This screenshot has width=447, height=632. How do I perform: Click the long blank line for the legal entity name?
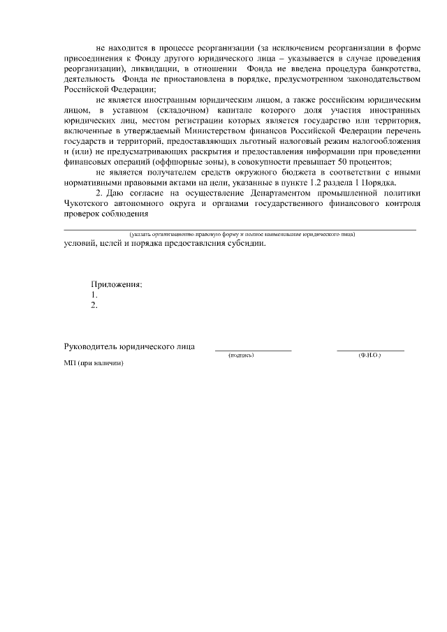coord(240,229)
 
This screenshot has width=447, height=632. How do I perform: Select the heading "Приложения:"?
coord(116,284)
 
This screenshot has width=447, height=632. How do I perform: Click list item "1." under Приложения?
coord(94,295)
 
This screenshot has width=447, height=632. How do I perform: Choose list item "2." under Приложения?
coord(94,304)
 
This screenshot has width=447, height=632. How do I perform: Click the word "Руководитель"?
coord(90,346)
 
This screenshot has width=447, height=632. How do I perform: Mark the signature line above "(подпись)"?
coord(253,350)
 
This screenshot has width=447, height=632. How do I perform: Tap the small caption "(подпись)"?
coord(241,355)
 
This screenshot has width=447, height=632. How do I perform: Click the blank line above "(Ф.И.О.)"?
coord(370,350)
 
